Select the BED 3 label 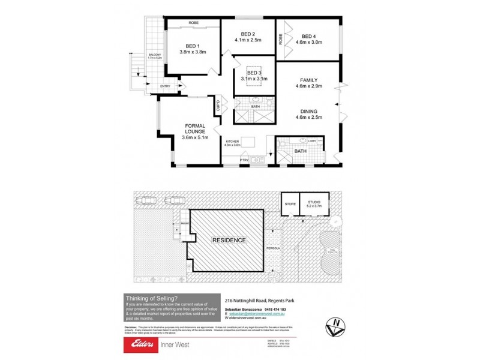254,73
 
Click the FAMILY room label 310,80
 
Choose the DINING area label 310,111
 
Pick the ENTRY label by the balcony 165,86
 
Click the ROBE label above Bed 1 193,23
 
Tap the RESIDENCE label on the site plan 229,240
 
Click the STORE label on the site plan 290,205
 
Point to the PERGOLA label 274,247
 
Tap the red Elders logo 139,344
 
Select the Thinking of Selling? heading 151,298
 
